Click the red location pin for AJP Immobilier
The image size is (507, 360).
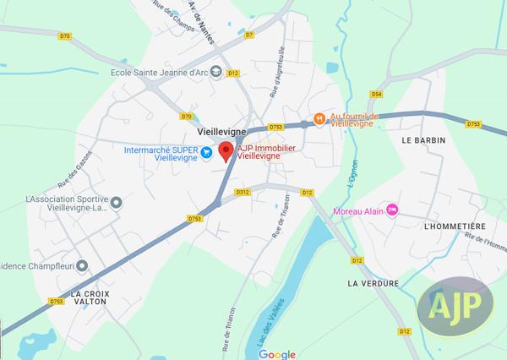[x=226, y=151]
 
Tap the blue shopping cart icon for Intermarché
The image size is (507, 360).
[x=204, y=151]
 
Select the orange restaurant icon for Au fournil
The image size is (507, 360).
[x=319, y=119]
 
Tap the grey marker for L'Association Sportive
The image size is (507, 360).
[x=117, y=201]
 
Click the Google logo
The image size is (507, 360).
[x=276, y=353]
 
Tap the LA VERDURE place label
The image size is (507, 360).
[x=372, y=283]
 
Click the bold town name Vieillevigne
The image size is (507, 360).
[x=221, y=133]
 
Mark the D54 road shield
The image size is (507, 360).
[x=377, y=94]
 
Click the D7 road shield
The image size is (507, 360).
[x=248, y=35]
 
